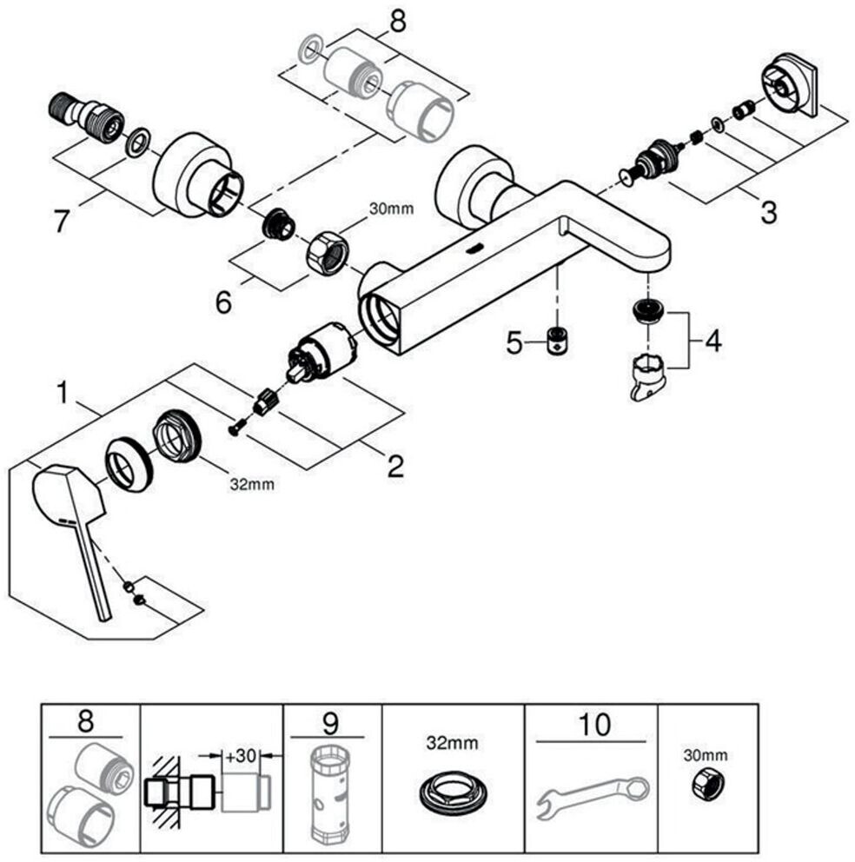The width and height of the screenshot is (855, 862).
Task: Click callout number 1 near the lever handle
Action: pos(63,393)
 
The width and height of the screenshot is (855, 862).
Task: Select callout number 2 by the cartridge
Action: pos(395,467)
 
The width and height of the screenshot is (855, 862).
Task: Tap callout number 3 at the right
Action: pos(767,211)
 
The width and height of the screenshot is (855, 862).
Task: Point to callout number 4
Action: pos(712,340)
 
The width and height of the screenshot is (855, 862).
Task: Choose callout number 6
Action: pos(223,302)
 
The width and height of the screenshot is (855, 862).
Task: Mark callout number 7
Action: pos(61,221)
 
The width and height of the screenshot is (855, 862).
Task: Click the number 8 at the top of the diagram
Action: pos(397,22)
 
